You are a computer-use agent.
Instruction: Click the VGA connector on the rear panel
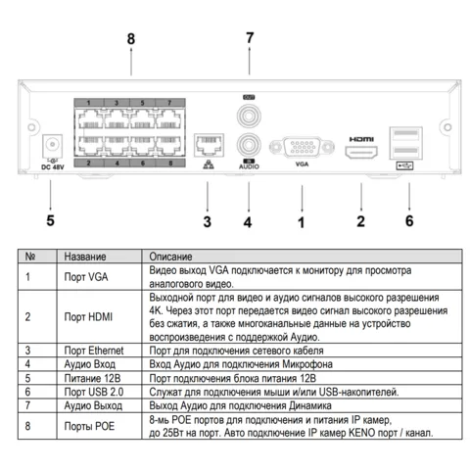pos(302,147)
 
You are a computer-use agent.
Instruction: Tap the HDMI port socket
pos(361,152)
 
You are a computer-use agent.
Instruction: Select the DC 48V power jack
pos(52,145)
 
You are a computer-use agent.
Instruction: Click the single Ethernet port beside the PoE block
pos(209,145)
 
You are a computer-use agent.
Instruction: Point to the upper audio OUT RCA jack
pos(249,116)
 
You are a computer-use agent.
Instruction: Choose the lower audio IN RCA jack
pos(249,145)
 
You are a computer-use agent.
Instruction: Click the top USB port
pos(406,134)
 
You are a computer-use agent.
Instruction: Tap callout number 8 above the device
pos(131,39)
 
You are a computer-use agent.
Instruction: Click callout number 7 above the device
pos(250,38)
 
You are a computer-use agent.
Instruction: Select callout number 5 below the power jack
pos(50,220)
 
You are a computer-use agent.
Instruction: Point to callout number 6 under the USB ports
pos(409,220)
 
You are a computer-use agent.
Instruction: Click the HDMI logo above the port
pos(361,139)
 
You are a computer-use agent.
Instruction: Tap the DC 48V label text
pos(53,167)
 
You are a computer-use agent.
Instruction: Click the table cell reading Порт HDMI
pos(88,316)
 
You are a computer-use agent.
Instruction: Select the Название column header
pos(85,257)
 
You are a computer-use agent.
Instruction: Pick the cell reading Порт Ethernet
pos(94,351)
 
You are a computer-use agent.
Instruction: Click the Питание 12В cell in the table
pos(92,378)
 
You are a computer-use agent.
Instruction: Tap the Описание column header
pos(170,257)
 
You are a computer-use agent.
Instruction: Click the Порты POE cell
pos(89,426)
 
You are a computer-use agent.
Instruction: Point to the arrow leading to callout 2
pos(361,197)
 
